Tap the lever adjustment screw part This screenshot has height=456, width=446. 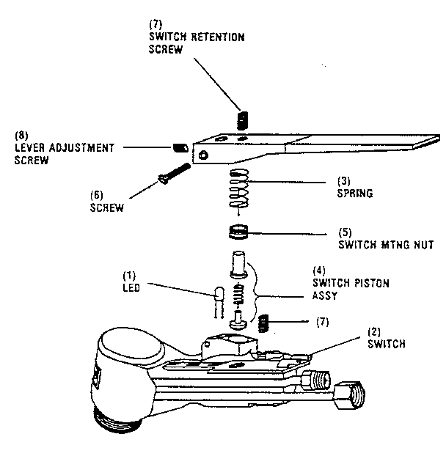pyautogui.click(x=178, y=148)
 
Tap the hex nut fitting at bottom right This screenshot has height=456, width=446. pyautogui.click(x=351, y=396)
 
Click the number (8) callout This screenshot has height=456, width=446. pyautogui.click(x=22, y=136)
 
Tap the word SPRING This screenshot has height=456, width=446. pyautogui.click(x=355, y=194)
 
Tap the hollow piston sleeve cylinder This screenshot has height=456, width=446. pyautogui.click(x=238, y=262)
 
